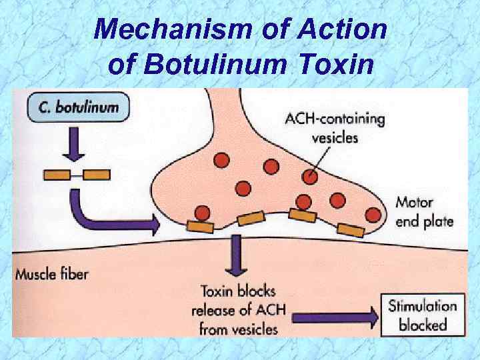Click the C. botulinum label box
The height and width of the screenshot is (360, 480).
(x=77, y=108)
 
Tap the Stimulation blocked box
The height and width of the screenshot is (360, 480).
(x=423, y=316)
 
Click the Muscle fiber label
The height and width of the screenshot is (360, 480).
(x=52, y=273)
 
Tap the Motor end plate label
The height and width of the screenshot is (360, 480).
(x=423, y=211)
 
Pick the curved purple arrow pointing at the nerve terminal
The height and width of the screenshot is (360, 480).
(x=107, y=215)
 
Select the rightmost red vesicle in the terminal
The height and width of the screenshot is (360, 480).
(x=373, y=214)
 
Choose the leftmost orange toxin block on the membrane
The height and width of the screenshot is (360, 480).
(x=200, y=226)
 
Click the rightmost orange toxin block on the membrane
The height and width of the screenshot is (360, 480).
(x=351, y=230)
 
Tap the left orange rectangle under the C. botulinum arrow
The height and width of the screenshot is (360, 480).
(x=57, y=175)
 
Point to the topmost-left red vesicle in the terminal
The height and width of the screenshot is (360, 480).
(x=221, y=160)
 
